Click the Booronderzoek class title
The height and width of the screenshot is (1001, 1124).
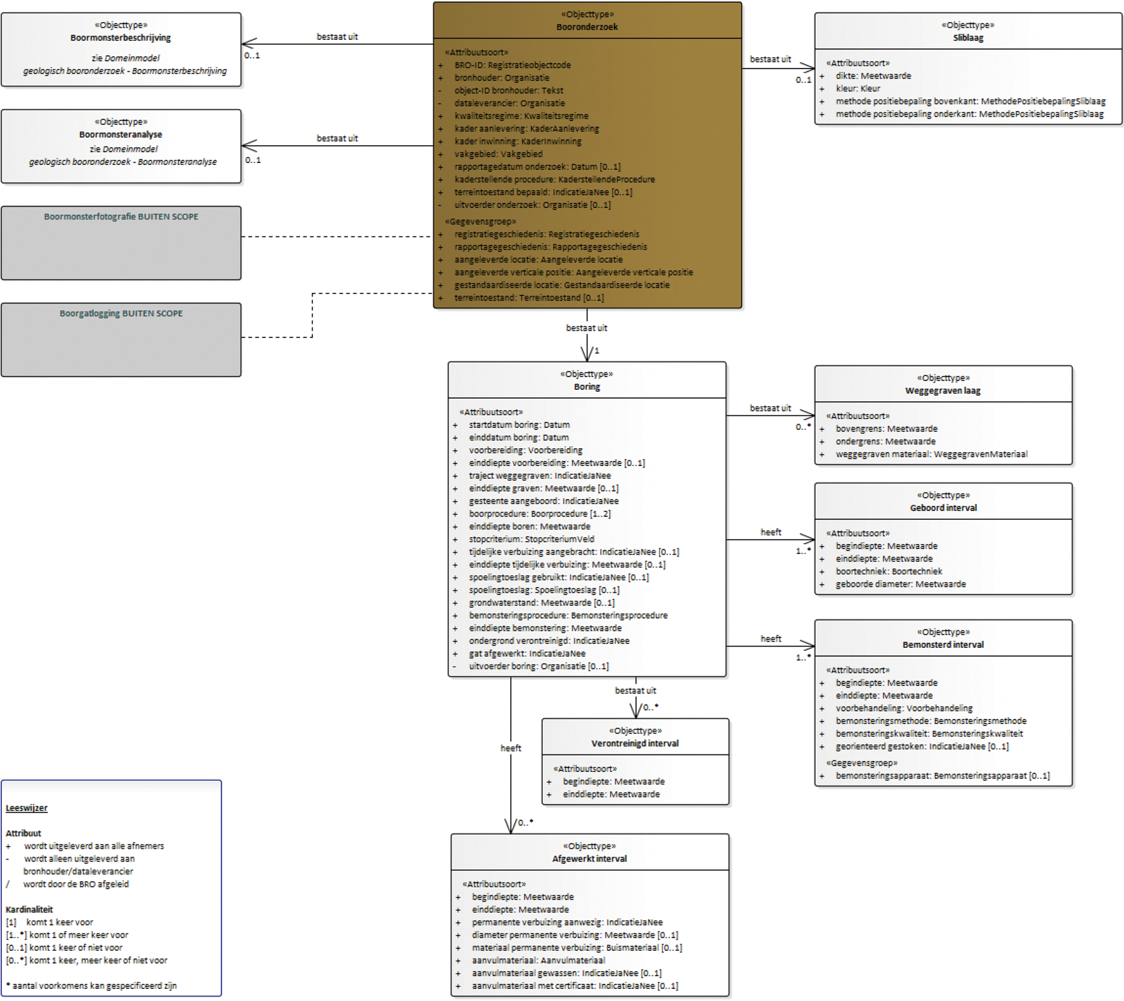tap(587, 27)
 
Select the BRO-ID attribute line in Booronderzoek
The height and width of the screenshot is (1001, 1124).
tap(513, 65)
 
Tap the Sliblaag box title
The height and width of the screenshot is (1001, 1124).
tap(968, 38)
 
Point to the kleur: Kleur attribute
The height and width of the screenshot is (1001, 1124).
tap(858, 89)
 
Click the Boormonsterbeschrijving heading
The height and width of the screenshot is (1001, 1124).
tap(121, 38)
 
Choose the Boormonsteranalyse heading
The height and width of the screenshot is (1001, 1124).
tap(121, 134)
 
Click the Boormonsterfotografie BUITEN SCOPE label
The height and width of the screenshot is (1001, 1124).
tap(121, 217)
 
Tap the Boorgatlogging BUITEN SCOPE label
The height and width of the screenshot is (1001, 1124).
tap(121, 314)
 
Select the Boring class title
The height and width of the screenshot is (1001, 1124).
tap(587, 387)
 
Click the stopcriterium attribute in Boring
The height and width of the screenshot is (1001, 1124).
tap(532, 539)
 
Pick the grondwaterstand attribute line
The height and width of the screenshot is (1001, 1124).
tap(542, 603)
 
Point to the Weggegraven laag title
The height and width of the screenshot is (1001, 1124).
tap(943, 391)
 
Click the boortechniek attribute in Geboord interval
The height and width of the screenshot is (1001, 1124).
tap(889, 572)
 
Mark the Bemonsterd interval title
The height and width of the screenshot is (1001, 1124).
tap(943, 645)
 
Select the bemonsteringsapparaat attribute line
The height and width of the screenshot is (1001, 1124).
tap(943, 776)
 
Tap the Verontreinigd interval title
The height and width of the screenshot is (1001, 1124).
tap(635, 744)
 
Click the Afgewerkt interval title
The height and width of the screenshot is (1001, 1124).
tap(589, 859)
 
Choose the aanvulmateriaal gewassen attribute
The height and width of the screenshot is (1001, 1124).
tap(566, 973)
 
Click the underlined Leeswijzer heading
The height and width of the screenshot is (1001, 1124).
tap(27, 808)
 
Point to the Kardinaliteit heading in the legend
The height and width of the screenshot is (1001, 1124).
tap(29, 910)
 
